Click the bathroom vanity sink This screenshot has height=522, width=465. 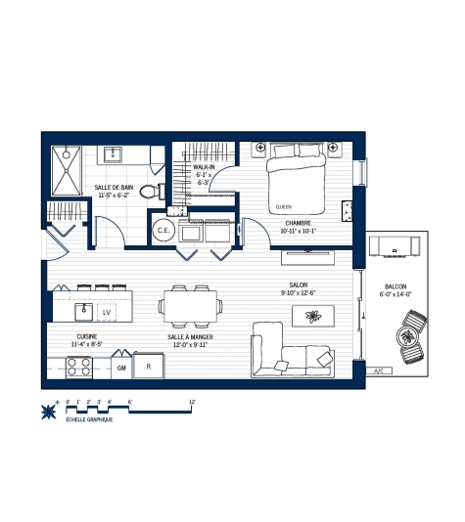point(113,153)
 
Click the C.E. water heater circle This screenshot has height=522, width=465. point(163,231)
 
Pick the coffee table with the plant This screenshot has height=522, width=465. point(313,316)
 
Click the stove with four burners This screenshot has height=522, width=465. point(78,368)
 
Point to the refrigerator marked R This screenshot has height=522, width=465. point(149,367)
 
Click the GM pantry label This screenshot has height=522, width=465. point(122,368)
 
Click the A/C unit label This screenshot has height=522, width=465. point(379,371)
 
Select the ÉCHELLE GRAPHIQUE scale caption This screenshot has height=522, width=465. point(88,419)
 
